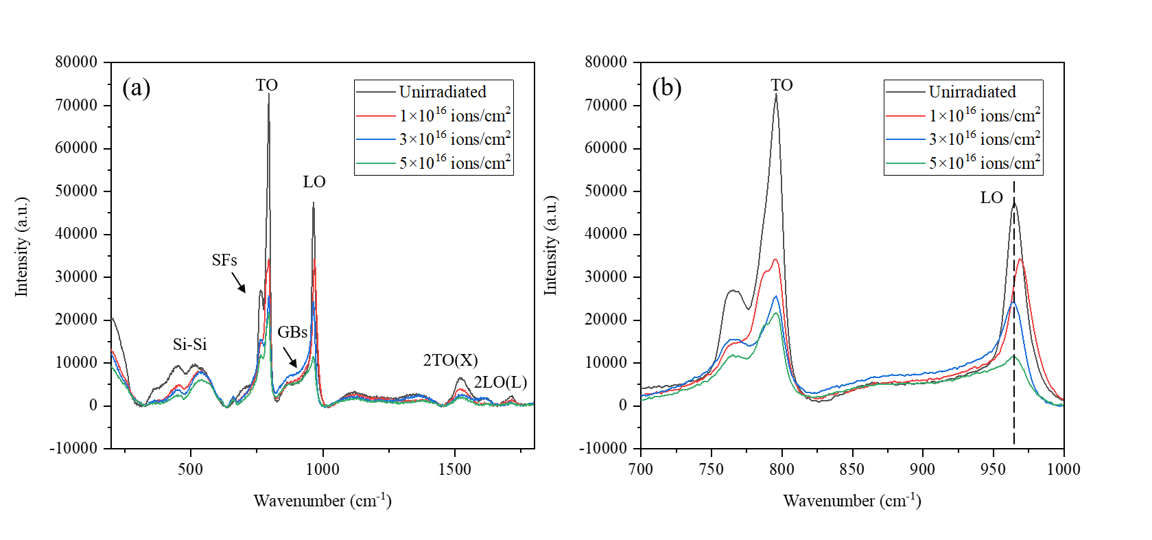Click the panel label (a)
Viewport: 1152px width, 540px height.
tap(136, 88)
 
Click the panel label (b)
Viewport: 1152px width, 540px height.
tap(666, 88)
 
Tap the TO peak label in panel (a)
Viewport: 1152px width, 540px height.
tap(267, 85)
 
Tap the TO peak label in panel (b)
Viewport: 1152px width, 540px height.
tap(781, 85)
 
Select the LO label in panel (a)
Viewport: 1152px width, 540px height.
tap(314, 182)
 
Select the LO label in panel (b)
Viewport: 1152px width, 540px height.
tap(991, 198)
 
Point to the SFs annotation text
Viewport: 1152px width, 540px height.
tap(224, 260)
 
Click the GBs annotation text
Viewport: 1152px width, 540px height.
tap(292, 332)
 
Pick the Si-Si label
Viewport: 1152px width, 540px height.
tap(189, 344)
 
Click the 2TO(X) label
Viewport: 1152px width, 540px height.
tap(450, 360)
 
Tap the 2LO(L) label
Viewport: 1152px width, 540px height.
tap(500, 382)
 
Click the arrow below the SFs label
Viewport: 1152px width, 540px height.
tap(238, 282)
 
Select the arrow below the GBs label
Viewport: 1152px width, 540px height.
tap(290, 356)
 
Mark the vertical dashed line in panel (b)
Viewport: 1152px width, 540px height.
tap(1014, 412)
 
